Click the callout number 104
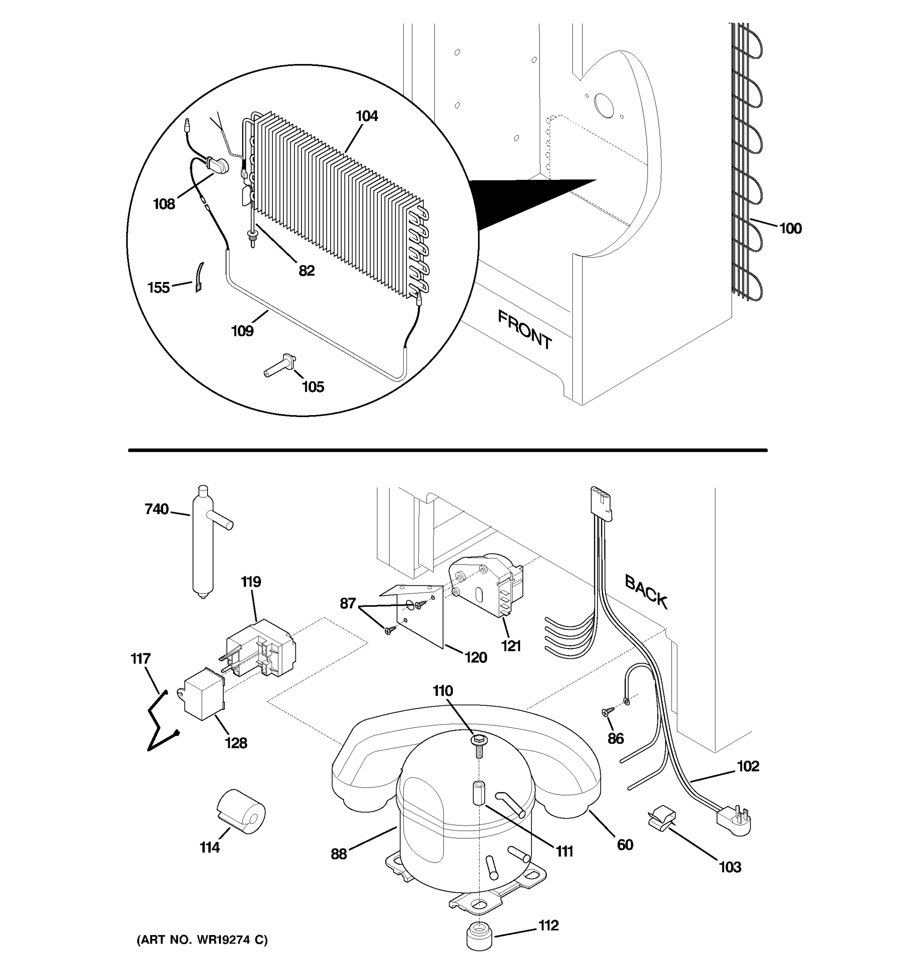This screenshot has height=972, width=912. [366, 116]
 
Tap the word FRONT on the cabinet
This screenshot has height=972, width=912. [525, 330]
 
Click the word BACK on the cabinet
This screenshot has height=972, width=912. [646, 592]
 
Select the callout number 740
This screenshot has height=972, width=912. [156, 509]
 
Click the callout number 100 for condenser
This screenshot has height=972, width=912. [790, 228]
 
